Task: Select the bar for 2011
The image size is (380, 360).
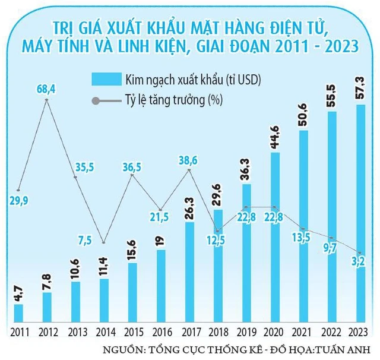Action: (x=18, y=313)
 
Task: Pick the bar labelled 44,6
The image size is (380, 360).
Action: (x=275, y=238)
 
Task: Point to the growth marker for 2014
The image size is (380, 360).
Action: (x=104, y=243)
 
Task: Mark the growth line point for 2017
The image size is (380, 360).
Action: (x=189, y=170)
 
